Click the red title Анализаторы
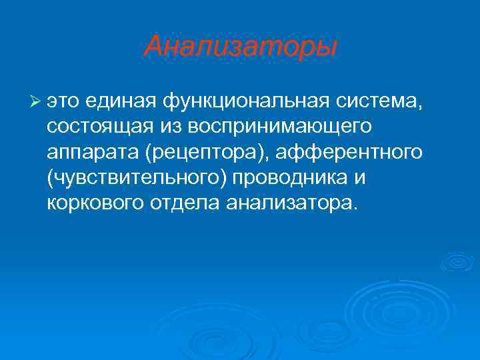coord(241,47)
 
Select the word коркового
coord(94,203)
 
